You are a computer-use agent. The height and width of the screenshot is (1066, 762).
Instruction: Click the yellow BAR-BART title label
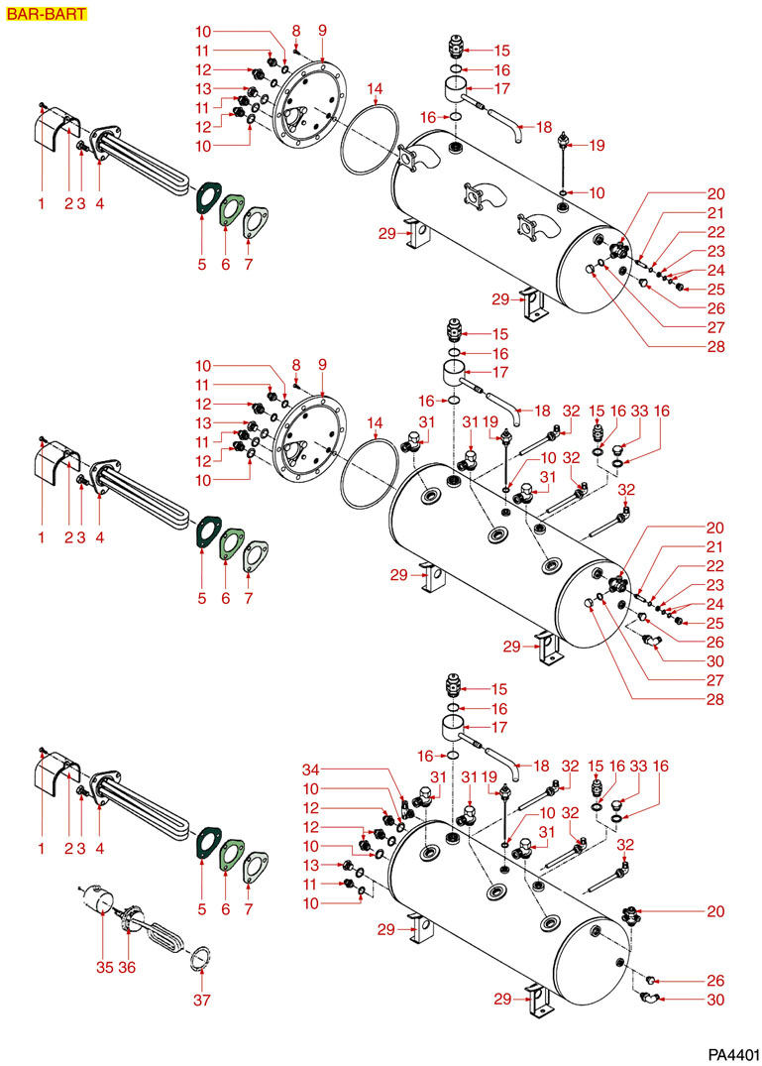pos(46,14)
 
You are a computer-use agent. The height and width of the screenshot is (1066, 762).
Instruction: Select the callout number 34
pos(311,769)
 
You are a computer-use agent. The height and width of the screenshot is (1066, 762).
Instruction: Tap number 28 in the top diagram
pos(715,347)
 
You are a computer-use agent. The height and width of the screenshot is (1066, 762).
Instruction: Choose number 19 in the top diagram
pos(596,146)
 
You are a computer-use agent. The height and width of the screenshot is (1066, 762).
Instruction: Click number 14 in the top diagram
pos(373,89)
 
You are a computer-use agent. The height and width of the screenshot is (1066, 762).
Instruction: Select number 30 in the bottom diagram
pos(715,1000)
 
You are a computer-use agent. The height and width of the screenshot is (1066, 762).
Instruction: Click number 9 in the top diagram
pos(322,31)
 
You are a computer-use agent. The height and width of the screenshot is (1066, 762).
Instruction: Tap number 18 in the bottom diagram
pos(543,767)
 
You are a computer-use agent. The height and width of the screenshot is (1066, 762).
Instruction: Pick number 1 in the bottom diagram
pos(42,849)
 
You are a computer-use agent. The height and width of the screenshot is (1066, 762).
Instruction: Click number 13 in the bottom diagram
pos(311,866)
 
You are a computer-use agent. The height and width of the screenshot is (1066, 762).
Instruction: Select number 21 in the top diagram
pos(715,213)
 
